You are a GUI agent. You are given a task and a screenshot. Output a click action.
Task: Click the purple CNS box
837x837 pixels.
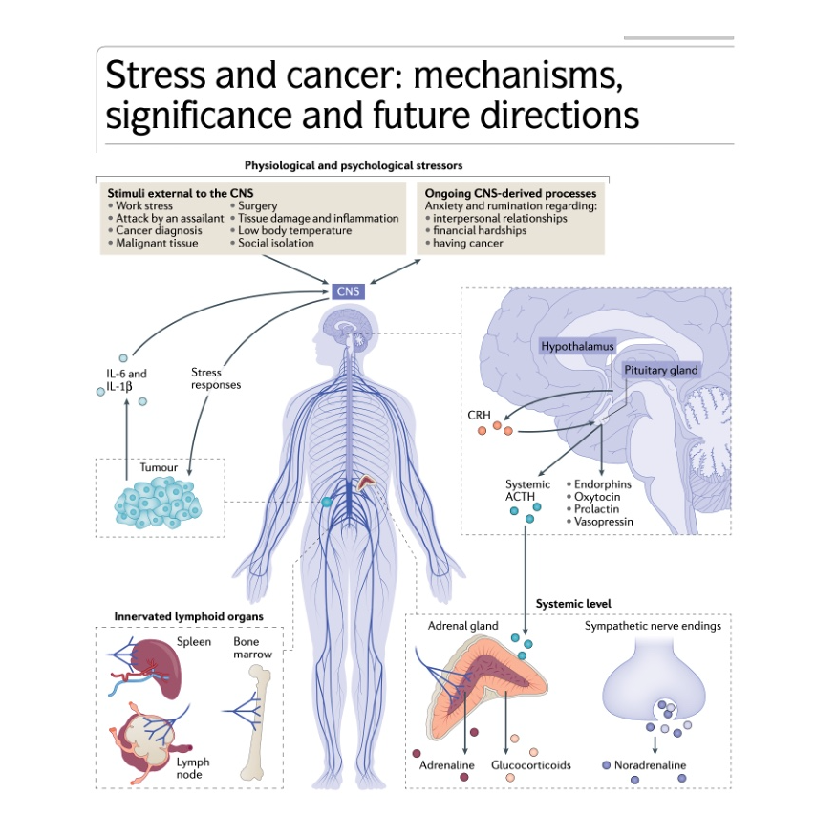click(x=349, y=290)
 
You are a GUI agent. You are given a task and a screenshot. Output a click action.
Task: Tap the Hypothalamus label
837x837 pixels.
click(x=577, y=346)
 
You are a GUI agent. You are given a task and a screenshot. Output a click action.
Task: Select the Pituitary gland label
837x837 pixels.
click(x=661, y=370)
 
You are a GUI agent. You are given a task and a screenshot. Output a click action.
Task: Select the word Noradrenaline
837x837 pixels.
click(x=650, y=765)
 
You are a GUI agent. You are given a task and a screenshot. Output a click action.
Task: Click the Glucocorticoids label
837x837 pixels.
click(x=531, y=765)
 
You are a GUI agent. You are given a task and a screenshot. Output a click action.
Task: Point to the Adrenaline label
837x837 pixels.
click(x=447, y=765)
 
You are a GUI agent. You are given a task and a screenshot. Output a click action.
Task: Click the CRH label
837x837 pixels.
click(x=480, y=415)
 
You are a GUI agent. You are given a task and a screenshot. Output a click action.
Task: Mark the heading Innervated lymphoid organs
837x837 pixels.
click(x=189, y=616)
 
